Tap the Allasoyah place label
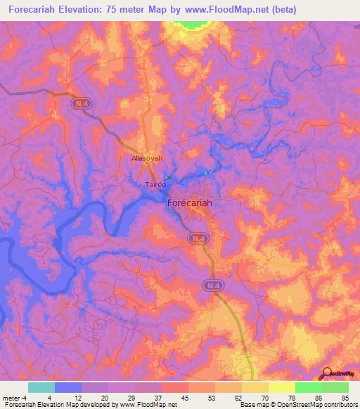147,159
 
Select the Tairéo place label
155,185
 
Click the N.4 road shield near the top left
81,103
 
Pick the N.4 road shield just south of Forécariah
198,240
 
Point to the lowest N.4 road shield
213,285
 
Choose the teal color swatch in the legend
41,387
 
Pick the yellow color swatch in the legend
281,387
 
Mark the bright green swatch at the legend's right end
335,387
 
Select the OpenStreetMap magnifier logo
327,372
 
